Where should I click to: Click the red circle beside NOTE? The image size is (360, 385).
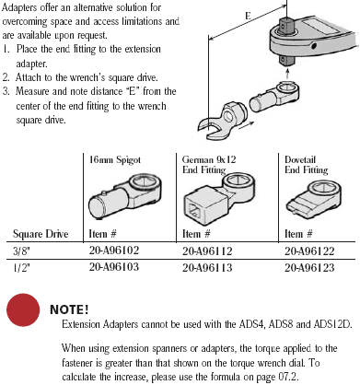point(23,309)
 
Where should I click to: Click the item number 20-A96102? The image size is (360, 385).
point(114,251)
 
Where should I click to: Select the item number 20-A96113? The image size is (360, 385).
point(207,268)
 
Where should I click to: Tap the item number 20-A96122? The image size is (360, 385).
point(309,251)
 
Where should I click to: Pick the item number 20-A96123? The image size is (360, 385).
point(309,268)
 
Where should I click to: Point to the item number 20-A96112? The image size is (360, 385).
point(207,251)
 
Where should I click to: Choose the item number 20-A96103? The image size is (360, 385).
point(114,266)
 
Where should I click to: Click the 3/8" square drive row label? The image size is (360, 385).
point(21,251)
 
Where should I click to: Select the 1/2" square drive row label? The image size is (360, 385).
point(21,268)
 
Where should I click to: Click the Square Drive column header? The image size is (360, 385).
point(41,234)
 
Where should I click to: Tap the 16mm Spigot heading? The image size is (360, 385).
point(115,160)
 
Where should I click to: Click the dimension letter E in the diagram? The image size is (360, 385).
point(248,16)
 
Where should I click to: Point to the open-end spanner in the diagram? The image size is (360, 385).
point(222,120)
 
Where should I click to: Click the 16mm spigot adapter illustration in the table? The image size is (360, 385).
point(125,195)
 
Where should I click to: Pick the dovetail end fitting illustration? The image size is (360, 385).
point(314,198)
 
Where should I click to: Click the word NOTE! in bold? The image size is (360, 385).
point(69,309)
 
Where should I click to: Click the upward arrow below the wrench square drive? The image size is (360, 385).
point(287,74)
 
